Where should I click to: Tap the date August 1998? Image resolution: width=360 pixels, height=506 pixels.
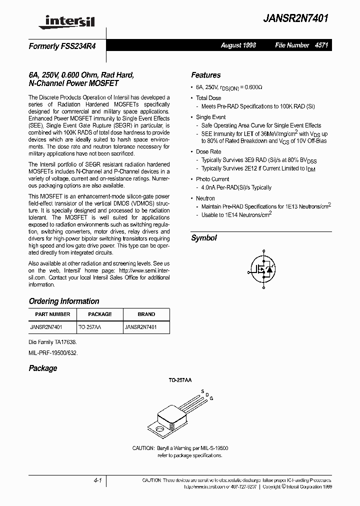coord(238,45)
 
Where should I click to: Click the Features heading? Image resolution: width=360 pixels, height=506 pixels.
coord(205,75)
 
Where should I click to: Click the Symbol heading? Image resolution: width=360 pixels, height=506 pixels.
coord(204,238)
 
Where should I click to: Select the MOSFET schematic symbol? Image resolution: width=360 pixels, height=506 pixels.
coord(261,269)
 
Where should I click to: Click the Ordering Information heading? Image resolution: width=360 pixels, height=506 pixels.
coord(64,301)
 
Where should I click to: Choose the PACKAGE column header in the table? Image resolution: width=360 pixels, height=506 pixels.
coord(99,314)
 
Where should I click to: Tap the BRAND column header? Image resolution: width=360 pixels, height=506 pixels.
coord(146,314)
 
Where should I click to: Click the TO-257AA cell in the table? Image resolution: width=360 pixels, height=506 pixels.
coord(90,327)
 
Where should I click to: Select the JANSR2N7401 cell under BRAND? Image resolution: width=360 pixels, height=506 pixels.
coord(140,327)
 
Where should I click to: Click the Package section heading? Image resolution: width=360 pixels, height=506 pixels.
coord(43,368)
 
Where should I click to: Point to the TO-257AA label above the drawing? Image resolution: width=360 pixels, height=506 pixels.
coord(179,380)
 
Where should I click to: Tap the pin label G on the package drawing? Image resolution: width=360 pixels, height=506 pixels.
coord(211,398)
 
